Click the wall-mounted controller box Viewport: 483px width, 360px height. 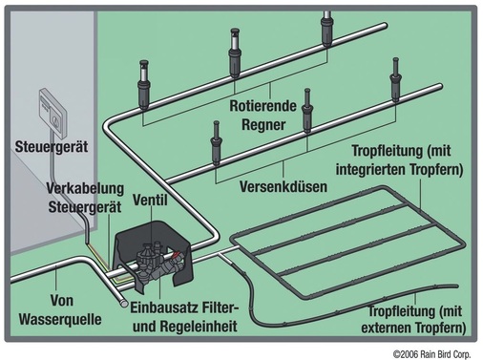coord(49,110)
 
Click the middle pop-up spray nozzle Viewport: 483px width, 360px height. coord(306,115)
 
